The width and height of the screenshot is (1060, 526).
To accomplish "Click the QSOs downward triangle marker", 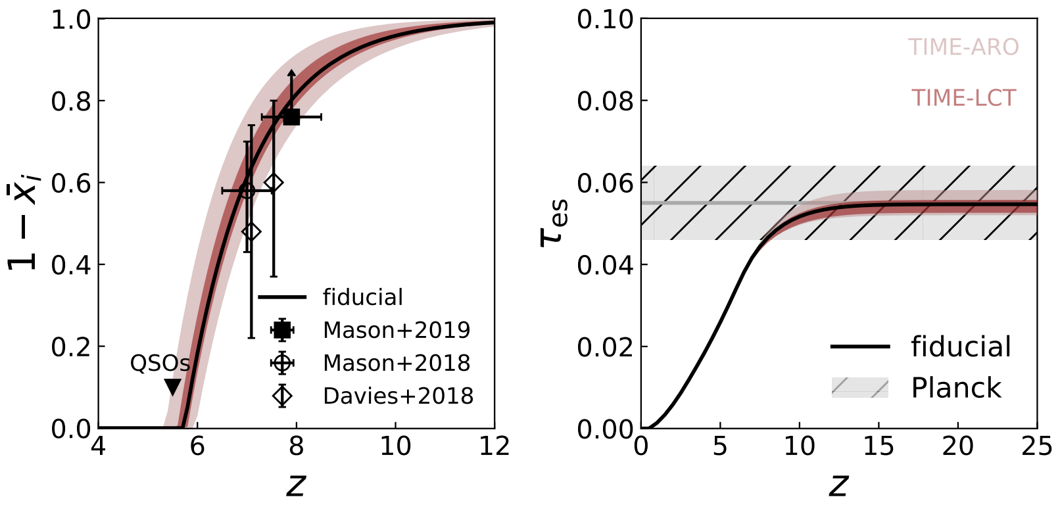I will pyautogui.click(x=173, y=387).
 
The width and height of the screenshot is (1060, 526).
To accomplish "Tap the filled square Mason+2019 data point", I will pyautogui.click(x=291, y=117).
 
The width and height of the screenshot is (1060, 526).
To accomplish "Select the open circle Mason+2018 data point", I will pyautogui.click(x=247, y=191).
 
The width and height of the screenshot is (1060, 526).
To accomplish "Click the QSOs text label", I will pyautogui.click(x=160, y=363).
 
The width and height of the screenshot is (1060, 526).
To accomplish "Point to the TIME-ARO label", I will pyautogui.click(x=963, y=47).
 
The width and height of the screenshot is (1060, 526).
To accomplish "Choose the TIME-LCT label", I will pyautogui.click(x=963, y=98).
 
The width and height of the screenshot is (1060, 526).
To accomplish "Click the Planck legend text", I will pyautogui.click(x=955, y=388).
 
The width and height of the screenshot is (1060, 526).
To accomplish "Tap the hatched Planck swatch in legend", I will pyautogui.click(x=859, y=388).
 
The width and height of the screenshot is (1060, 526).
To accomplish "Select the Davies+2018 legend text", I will pyautogui.click(x=398, y=396).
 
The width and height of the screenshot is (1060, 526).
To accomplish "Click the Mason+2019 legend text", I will pyautogui.click(x=397, y=330).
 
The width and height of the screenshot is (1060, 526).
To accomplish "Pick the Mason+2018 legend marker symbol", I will pyautogui.click(x=282, y=363).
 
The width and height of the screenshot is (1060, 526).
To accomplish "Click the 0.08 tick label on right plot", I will pyautogui.click(x=604, y=101).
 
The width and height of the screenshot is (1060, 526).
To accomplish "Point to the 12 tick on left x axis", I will pyautogui.click(x=494, y=446).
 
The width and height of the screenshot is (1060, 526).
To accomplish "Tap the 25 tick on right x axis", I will pyautogui.click(x=1036, y=446).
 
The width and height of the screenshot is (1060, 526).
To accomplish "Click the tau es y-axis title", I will pyautogui.click(x=553, y=224).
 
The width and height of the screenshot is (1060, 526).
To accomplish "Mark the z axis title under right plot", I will pyautogui.click(x=838, y=485).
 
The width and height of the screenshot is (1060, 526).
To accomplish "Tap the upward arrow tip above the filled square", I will pyautogui.click(x=291, y=70).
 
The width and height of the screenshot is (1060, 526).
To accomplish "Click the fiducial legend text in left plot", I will pyautogui.click(x=362, y=297).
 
